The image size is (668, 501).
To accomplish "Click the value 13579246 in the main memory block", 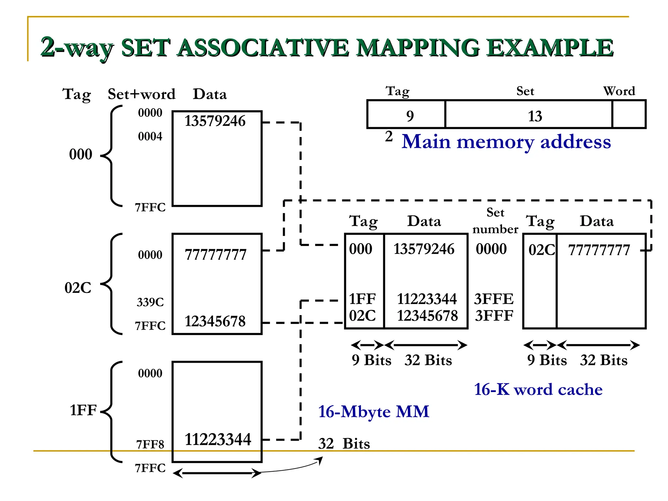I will (x=215, y=121).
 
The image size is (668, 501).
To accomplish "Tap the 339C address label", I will (x=150, y=302).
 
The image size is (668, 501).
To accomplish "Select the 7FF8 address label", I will (x=150, y=444).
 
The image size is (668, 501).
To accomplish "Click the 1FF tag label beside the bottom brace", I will (x=83, y=410).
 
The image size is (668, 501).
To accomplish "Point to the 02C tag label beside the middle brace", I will (x=78, y=288).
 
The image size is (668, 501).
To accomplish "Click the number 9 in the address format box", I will (x=410, y=116).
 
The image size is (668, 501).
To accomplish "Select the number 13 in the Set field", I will (x=535, y=116).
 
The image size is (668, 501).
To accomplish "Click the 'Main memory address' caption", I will (x=506, y=142).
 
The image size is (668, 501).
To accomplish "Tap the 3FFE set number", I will (x=493, y=299).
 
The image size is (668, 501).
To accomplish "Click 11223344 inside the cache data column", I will (x=427, y=299).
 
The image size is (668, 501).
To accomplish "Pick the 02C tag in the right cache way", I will (x=541, y=250).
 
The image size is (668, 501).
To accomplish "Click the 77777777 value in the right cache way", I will (x=599, y=250).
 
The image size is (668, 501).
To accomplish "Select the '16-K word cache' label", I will (x=538, y=389).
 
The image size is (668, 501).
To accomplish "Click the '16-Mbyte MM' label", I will (x=373, y=411).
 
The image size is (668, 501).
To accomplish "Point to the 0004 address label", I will (x=150, y=136).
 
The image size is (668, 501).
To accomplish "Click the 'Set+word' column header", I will (x=142, y=94).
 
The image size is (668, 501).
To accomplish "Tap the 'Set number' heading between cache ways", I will (x=495, y=221).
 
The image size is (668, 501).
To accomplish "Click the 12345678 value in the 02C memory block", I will (x=215, y=321).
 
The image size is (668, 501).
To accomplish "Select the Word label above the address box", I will (x=619, y=91).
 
